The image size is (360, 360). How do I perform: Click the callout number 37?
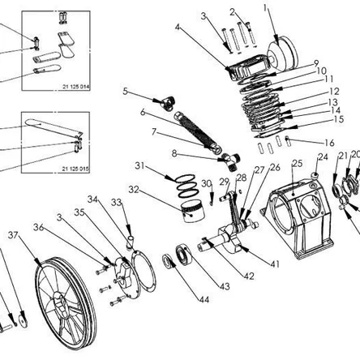[13, 235]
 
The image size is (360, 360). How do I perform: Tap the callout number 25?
[298, 163]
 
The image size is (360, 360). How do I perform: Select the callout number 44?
[204, 299]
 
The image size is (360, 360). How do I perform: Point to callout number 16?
[329, 143]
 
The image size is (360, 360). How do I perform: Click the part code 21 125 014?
[75, 87]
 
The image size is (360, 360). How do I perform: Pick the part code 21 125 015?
[75, 169]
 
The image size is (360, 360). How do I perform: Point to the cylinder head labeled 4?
[247, 66]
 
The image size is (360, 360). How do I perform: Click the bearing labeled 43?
[184, 255]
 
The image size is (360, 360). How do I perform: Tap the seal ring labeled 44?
[169, 261]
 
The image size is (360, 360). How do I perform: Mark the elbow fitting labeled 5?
[168, 103]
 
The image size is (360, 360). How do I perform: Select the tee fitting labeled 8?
[230, 161]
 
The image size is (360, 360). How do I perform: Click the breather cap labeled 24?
[315, 176]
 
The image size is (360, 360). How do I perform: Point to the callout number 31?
[139, 165]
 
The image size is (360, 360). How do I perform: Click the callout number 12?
[334, 92]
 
